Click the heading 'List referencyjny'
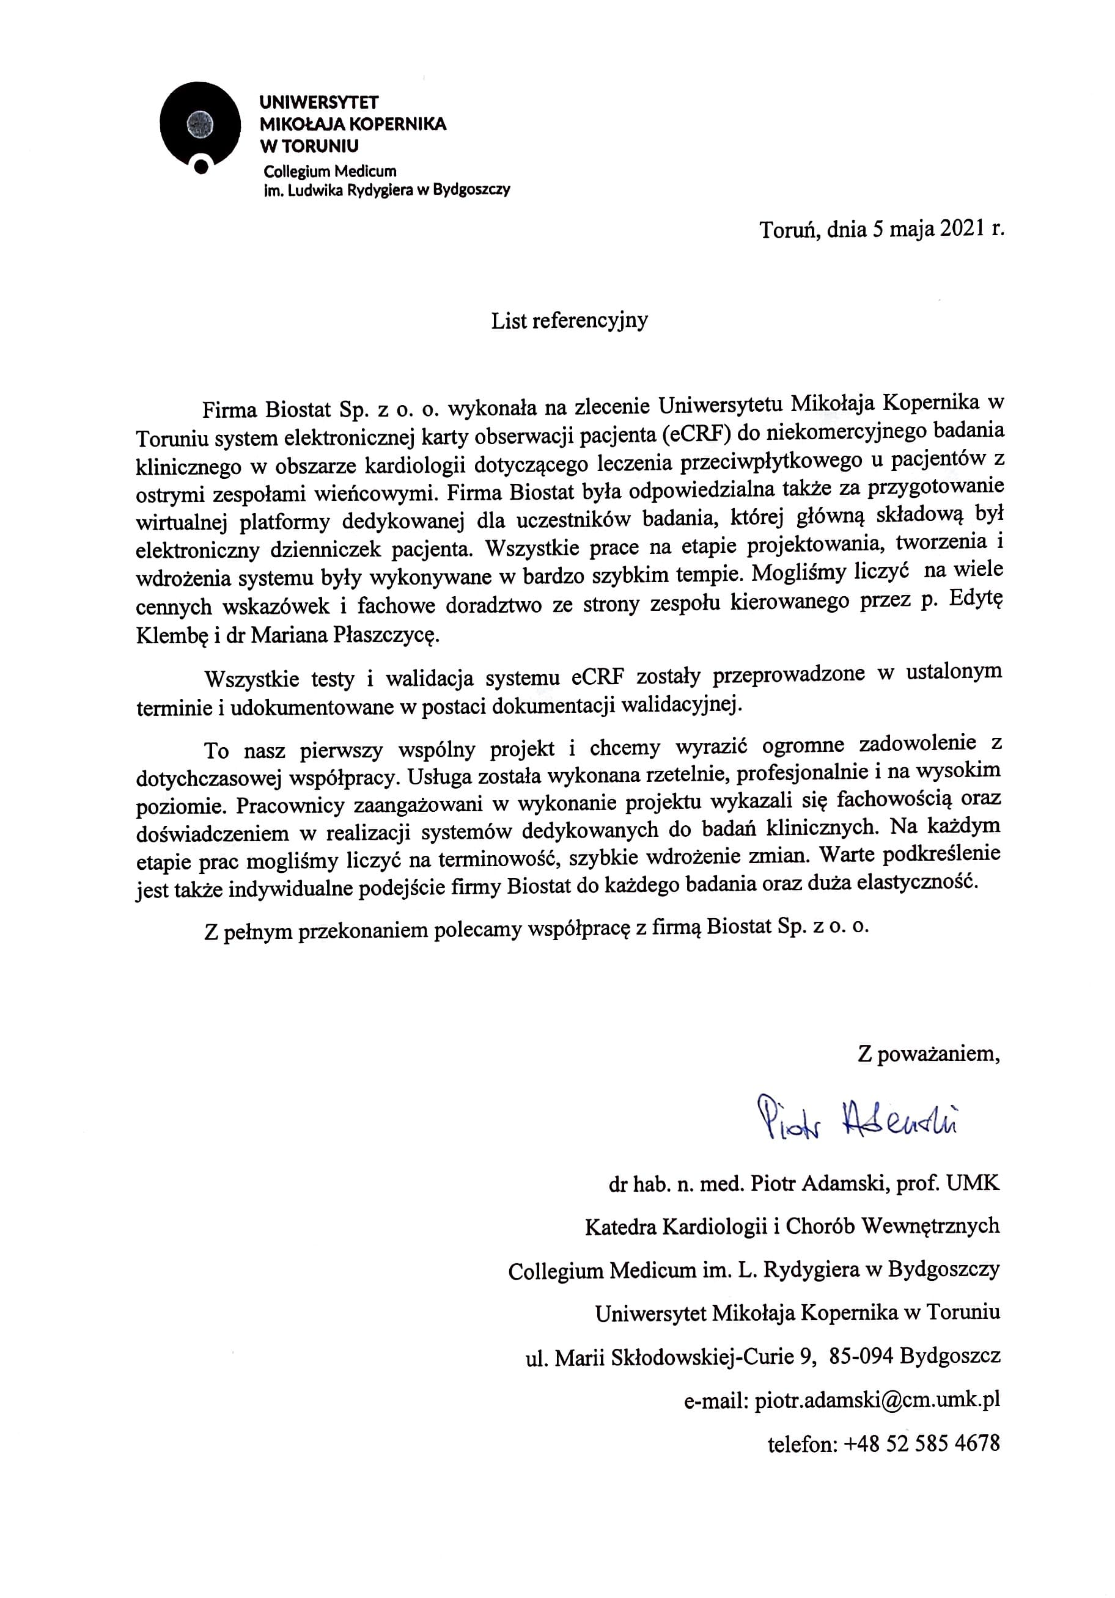click(x=569, y=320)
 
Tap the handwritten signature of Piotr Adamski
click(x=857, y=1118)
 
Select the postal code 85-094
click(x=860, y=1355)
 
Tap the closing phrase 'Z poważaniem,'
click(x=929, y=1054)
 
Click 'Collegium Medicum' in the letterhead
click(x=329, y=171)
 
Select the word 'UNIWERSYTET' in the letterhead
click(x=318, y=102)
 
